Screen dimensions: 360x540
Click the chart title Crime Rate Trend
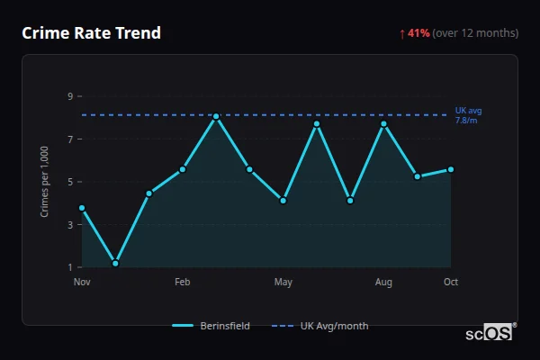point(91,33)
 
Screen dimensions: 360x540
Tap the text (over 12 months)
point(475,33)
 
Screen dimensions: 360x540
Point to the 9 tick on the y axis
point(69,96)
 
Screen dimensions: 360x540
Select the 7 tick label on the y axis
point(69,139)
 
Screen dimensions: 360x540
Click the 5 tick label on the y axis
point(69,182)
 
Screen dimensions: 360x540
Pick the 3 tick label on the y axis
point(69,225)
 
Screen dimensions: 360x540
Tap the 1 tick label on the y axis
point(69,267)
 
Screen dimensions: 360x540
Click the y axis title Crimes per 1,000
point(44,182)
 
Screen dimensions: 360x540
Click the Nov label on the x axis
point(82,283)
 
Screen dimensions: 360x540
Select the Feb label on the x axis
point(182,283)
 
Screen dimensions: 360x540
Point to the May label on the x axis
point(283,283)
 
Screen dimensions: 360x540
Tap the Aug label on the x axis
point(383,283)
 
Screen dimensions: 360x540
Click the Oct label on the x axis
point(451,283)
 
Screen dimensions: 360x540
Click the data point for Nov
point(82,208)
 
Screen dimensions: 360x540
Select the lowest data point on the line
point(115,264)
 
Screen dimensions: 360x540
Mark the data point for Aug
point(384,123)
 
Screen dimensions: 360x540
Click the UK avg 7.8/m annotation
point(468,115)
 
